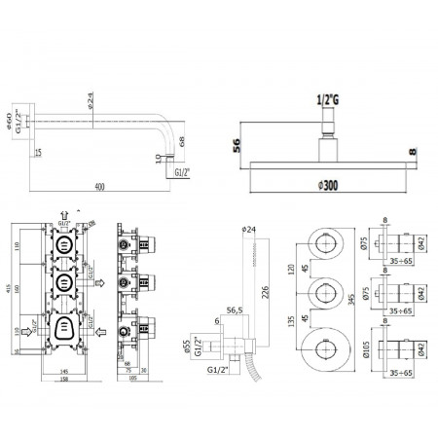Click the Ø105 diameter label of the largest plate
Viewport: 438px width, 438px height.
[x=363, y=346]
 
